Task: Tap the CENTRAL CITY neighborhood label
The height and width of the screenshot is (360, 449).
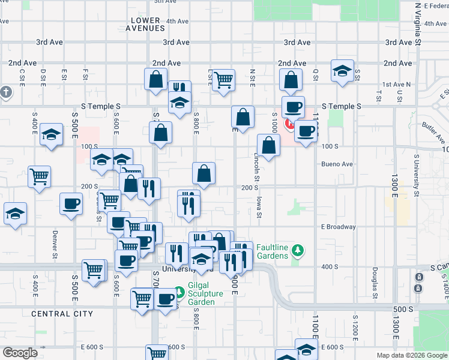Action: coord(62,314)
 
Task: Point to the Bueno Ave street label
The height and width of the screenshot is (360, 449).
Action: coord(337,164)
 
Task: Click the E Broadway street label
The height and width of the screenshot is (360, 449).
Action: coord(339,227)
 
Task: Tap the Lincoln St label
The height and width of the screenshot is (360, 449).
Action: coord(256,167)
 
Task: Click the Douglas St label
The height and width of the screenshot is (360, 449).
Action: coord(374,282)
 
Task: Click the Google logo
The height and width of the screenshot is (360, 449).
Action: coord(20,353)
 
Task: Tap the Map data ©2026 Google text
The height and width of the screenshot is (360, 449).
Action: coord(411,355)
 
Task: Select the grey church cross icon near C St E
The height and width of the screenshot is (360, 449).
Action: coord(6,92)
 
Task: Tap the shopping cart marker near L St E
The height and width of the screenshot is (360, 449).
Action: coord(223,80)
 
